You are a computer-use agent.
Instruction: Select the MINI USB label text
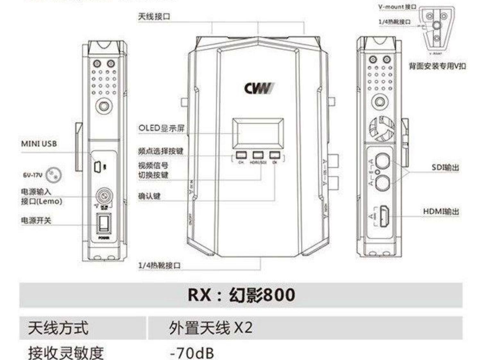[39, 144]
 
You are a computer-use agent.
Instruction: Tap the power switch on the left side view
[104, 223]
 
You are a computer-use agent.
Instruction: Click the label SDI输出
[445, 167]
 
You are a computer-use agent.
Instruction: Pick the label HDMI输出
[441, 211]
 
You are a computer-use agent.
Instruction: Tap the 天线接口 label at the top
[154, 16]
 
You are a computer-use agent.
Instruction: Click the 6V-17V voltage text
[32, 175]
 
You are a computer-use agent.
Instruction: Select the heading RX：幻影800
[241, 295]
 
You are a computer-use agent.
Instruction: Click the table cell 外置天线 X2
[211, 328]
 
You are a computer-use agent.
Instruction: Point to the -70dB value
[192, 353]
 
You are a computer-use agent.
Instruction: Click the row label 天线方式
[58, 328]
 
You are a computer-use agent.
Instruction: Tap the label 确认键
[149, 196]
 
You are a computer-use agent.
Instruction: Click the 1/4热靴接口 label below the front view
[159, 265]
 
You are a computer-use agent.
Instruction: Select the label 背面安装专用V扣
[437, 66]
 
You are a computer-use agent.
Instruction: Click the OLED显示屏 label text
[162, 128]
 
